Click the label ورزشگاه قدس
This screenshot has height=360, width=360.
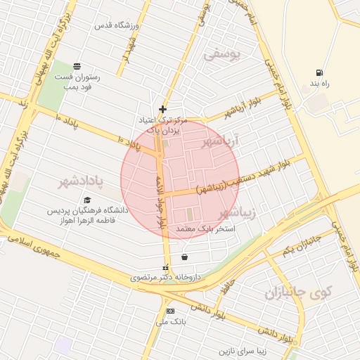119,26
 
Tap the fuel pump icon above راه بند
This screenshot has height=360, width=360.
321,72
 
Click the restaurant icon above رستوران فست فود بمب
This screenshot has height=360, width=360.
76,66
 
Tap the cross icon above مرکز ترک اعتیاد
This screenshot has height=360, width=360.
163,109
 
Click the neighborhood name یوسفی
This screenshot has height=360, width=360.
221,53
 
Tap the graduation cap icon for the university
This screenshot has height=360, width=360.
87,200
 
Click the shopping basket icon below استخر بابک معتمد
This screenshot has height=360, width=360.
184,257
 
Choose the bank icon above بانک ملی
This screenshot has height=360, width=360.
169,311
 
